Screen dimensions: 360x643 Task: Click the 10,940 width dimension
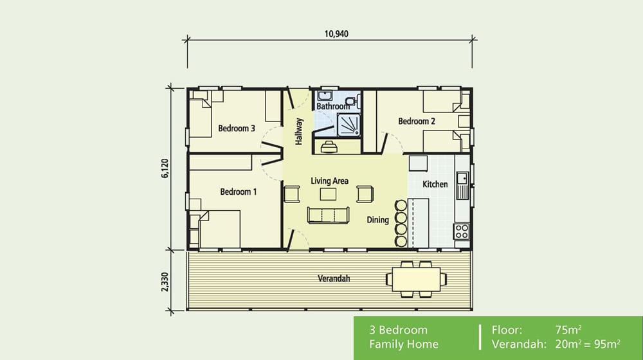pos(332,33)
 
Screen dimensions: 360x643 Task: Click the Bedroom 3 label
pos(237,129)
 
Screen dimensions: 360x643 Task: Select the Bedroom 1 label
pos(239,192)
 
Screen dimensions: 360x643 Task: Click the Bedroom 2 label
pos(417,122)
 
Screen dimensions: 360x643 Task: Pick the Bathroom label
pos(332,106)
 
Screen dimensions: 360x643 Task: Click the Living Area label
pos(329,181)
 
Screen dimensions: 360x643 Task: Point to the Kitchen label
pos(435,184)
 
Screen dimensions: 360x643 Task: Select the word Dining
pos(377,220)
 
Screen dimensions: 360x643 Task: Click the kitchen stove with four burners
pos(462,231)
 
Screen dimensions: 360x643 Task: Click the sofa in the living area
pos(329,215)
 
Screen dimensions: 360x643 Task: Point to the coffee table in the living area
pos(329,194)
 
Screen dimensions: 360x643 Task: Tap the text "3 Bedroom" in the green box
pos(398,330)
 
